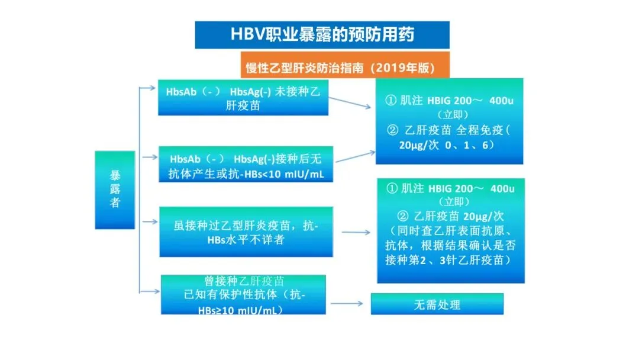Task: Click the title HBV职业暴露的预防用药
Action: [x=322, y=34]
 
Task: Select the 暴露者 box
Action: [x=115, y=189]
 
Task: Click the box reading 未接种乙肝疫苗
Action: [x=243, y=97]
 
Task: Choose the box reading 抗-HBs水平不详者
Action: [x=246, y=232]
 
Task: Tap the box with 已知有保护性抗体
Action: [x=243, y=294]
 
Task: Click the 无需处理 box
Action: [x=437, y=304]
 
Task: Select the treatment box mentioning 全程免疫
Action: [x=449, y=121]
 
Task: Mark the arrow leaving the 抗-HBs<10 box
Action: [x=351, y=155]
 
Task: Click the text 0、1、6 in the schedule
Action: [x=469, y=144]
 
